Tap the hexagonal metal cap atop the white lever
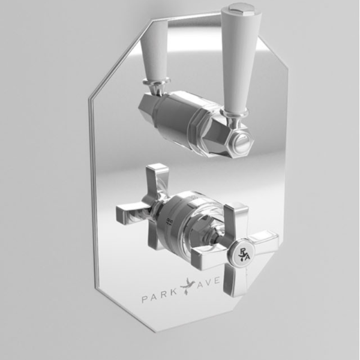pyautogui.click(x=241, y=8)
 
